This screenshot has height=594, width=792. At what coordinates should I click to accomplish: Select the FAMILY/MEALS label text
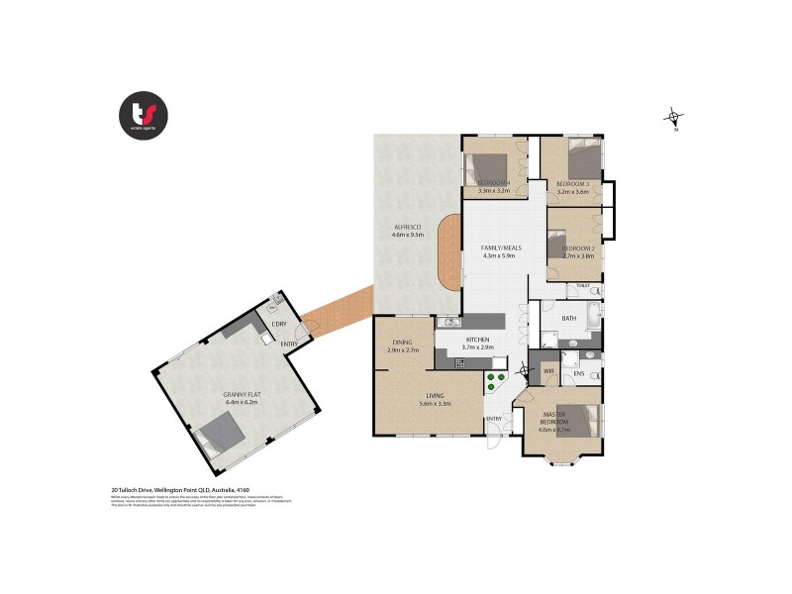tap(501, 247)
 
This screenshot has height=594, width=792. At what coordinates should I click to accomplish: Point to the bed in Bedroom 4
tap(492, 165)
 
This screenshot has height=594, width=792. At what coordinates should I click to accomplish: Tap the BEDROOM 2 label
tap(578, 247)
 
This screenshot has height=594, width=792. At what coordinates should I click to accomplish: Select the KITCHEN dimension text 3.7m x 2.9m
tap(478, 347)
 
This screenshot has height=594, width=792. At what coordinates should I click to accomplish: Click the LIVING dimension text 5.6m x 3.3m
tap(436, 403)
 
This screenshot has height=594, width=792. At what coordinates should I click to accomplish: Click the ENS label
tap(580, 374)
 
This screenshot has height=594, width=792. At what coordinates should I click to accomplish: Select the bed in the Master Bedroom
tap(580, 420)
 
